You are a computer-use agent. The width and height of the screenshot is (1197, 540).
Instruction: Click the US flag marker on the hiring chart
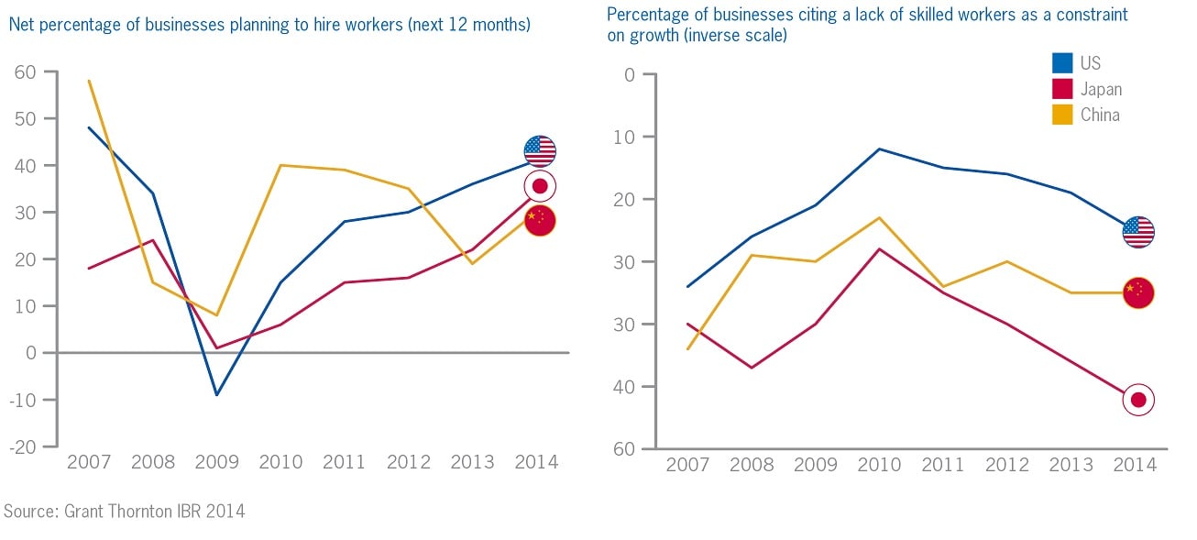(x=540, y=151)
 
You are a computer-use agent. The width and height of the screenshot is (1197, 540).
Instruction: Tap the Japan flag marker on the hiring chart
(x=540, y=186)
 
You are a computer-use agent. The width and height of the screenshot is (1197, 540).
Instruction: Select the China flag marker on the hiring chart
(x=540, y=221)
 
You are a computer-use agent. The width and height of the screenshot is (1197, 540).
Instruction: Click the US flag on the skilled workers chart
(x=1138, y=232)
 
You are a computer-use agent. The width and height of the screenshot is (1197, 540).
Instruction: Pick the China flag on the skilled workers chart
(x=1138, y=292)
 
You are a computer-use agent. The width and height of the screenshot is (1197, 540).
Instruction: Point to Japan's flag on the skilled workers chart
(x=1138, y=400)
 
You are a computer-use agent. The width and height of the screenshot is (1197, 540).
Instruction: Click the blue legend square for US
(x=1062, y=63)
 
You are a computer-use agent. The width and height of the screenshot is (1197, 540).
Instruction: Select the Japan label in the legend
(x=1101, y=89)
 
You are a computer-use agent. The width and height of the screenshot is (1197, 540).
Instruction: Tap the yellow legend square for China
(x=1062, y=115)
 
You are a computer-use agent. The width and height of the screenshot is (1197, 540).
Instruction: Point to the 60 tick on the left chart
(x=25, y=72)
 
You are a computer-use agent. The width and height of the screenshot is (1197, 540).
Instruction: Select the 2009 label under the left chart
(x=217, y=462)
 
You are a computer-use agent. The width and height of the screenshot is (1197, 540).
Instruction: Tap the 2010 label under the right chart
(x=880, y=465)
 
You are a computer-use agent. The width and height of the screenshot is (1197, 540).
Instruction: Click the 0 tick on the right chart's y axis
(x=629, y=74)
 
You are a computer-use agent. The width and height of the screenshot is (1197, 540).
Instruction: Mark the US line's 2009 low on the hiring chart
(x=217, y=395)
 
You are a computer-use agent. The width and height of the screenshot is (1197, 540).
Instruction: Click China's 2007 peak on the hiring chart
(x=89, y=81)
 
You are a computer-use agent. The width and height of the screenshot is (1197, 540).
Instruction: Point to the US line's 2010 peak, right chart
(x=880, y=149)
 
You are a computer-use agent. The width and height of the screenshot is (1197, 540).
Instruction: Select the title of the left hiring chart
(x=269, y=25)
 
